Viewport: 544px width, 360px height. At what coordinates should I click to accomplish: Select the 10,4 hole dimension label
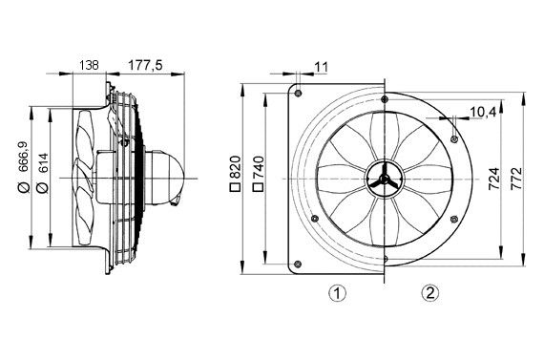(484, 112)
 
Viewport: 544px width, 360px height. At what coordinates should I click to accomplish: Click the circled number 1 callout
(336, 293)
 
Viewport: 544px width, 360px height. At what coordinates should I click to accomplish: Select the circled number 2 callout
(431, 293)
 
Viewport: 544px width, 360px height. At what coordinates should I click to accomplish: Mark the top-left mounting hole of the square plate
(300, 94)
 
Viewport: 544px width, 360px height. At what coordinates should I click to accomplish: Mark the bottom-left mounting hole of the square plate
(300, 264)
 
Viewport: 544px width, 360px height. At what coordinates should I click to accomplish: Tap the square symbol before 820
(235, 189)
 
